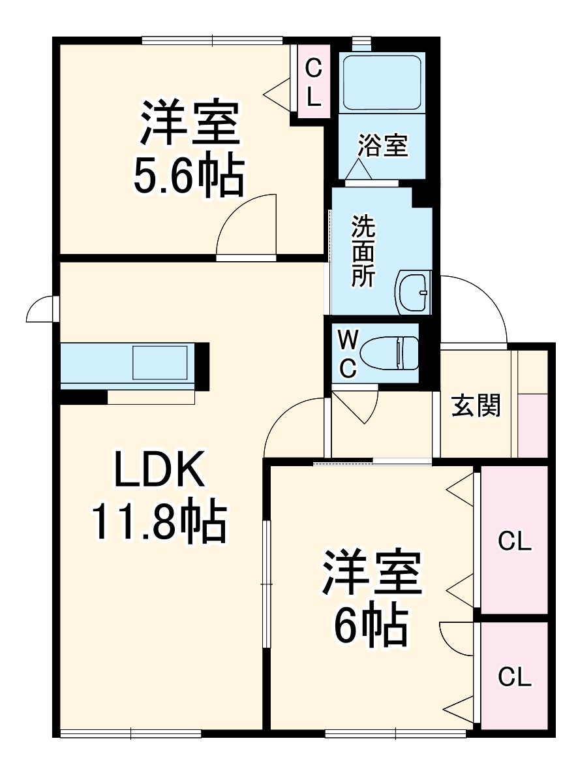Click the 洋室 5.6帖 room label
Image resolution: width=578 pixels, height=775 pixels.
click(x=188, y=149)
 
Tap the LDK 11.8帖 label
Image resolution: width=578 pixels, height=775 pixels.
click(x=159, y=496)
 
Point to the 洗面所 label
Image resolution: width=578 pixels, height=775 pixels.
click(x=363, y=251)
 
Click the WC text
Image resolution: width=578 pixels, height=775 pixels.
click(x=348, y=354)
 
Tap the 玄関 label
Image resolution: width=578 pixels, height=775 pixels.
click(x=477, y=406)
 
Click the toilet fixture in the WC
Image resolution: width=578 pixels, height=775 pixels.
click(x=389, y=353)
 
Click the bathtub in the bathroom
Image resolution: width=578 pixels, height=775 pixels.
click(x=382, y=82)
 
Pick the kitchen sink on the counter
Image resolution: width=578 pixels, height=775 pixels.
click(x=160, y=362)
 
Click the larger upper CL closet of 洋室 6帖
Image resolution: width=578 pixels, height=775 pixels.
click(x=514, y=541)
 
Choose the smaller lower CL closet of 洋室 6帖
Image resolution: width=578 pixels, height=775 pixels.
click(x=514, y=677)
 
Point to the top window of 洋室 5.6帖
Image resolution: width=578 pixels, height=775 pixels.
click(x=213, y=40)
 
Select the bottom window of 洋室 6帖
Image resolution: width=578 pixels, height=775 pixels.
click(x=395, y=734)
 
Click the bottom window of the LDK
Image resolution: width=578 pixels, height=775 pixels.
click(x=130, y=734)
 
